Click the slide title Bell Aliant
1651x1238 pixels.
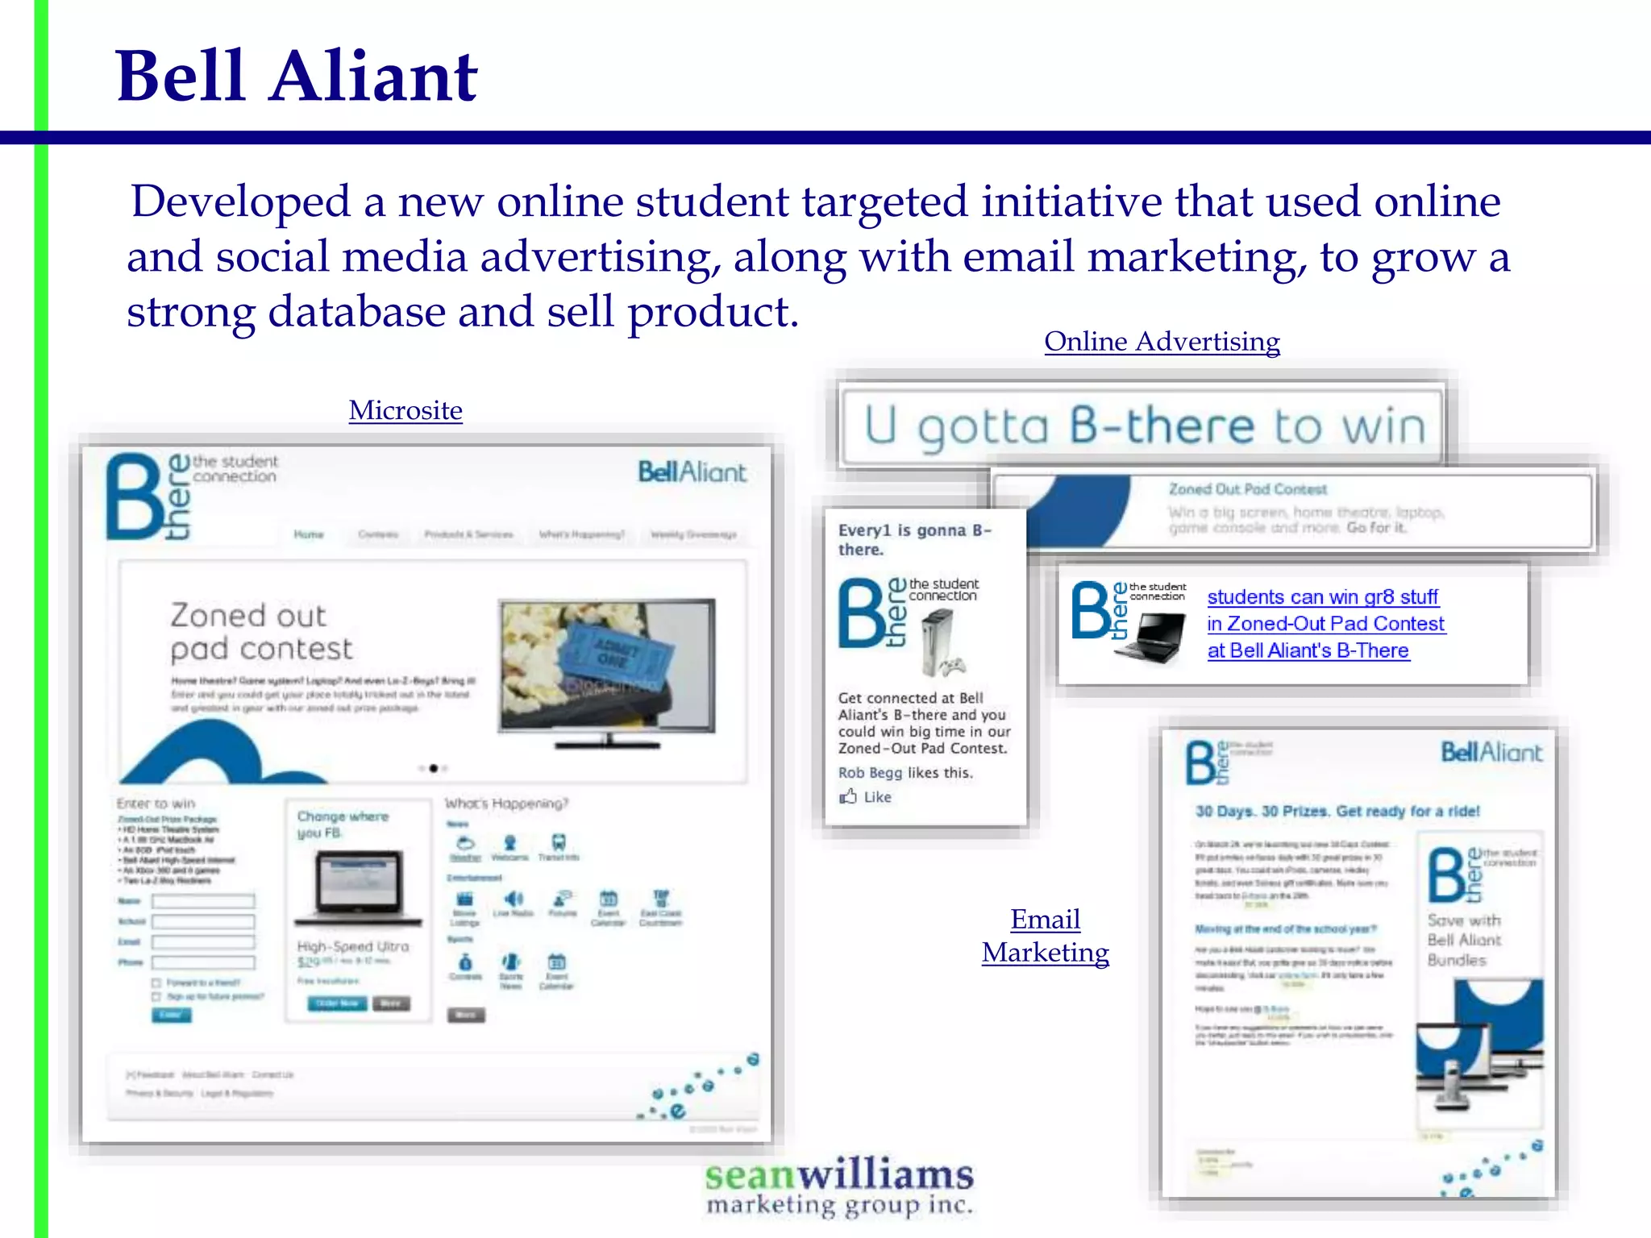point(297,77)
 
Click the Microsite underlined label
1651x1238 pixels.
point(405,410)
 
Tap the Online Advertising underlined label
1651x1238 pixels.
point(1162,342)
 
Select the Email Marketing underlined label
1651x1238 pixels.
point(1046,936)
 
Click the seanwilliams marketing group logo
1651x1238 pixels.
point(839,1186)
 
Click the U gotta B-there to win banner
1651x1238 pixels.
point(1142,426)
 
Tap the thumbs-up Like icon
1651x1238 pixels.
point(848,797)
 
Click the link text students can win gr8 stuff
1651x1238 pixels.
point(1322,597)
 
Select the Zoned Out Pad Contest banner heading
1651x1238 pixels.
point(1247,489)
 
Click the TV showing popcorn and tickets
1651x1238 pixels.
point(607,667)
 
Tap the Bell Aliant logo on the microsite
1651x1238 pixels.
point(692,472)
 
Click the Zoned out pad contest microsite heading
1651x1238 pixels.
point(260,632)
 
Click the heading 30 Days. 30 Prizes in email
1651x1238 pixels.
point(1337,812)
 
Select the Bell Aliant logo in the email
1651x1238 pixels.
point(1491,753)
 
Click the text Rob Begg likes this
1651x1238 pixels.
point(905,773)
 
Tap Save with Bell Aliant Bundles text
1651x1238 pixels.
point(1464,940)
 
